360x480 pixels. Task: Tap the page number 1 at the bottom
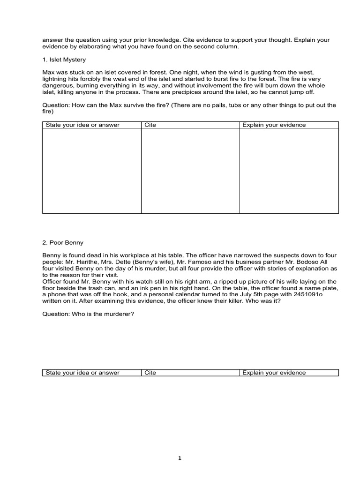click(x=180, y=458)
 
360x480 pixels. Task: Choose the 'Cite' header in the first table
click(x=150, y=125)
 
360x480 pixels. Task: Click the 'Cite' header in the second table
click(x=150, y=373)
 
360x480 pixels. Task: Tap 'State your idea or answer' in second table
click(x=82, y=373)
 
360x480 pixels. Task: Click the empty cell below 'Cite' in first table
click(x=190, y=171)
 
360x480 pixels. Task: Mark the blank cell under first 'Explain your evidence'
click(x=289, y=171)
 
